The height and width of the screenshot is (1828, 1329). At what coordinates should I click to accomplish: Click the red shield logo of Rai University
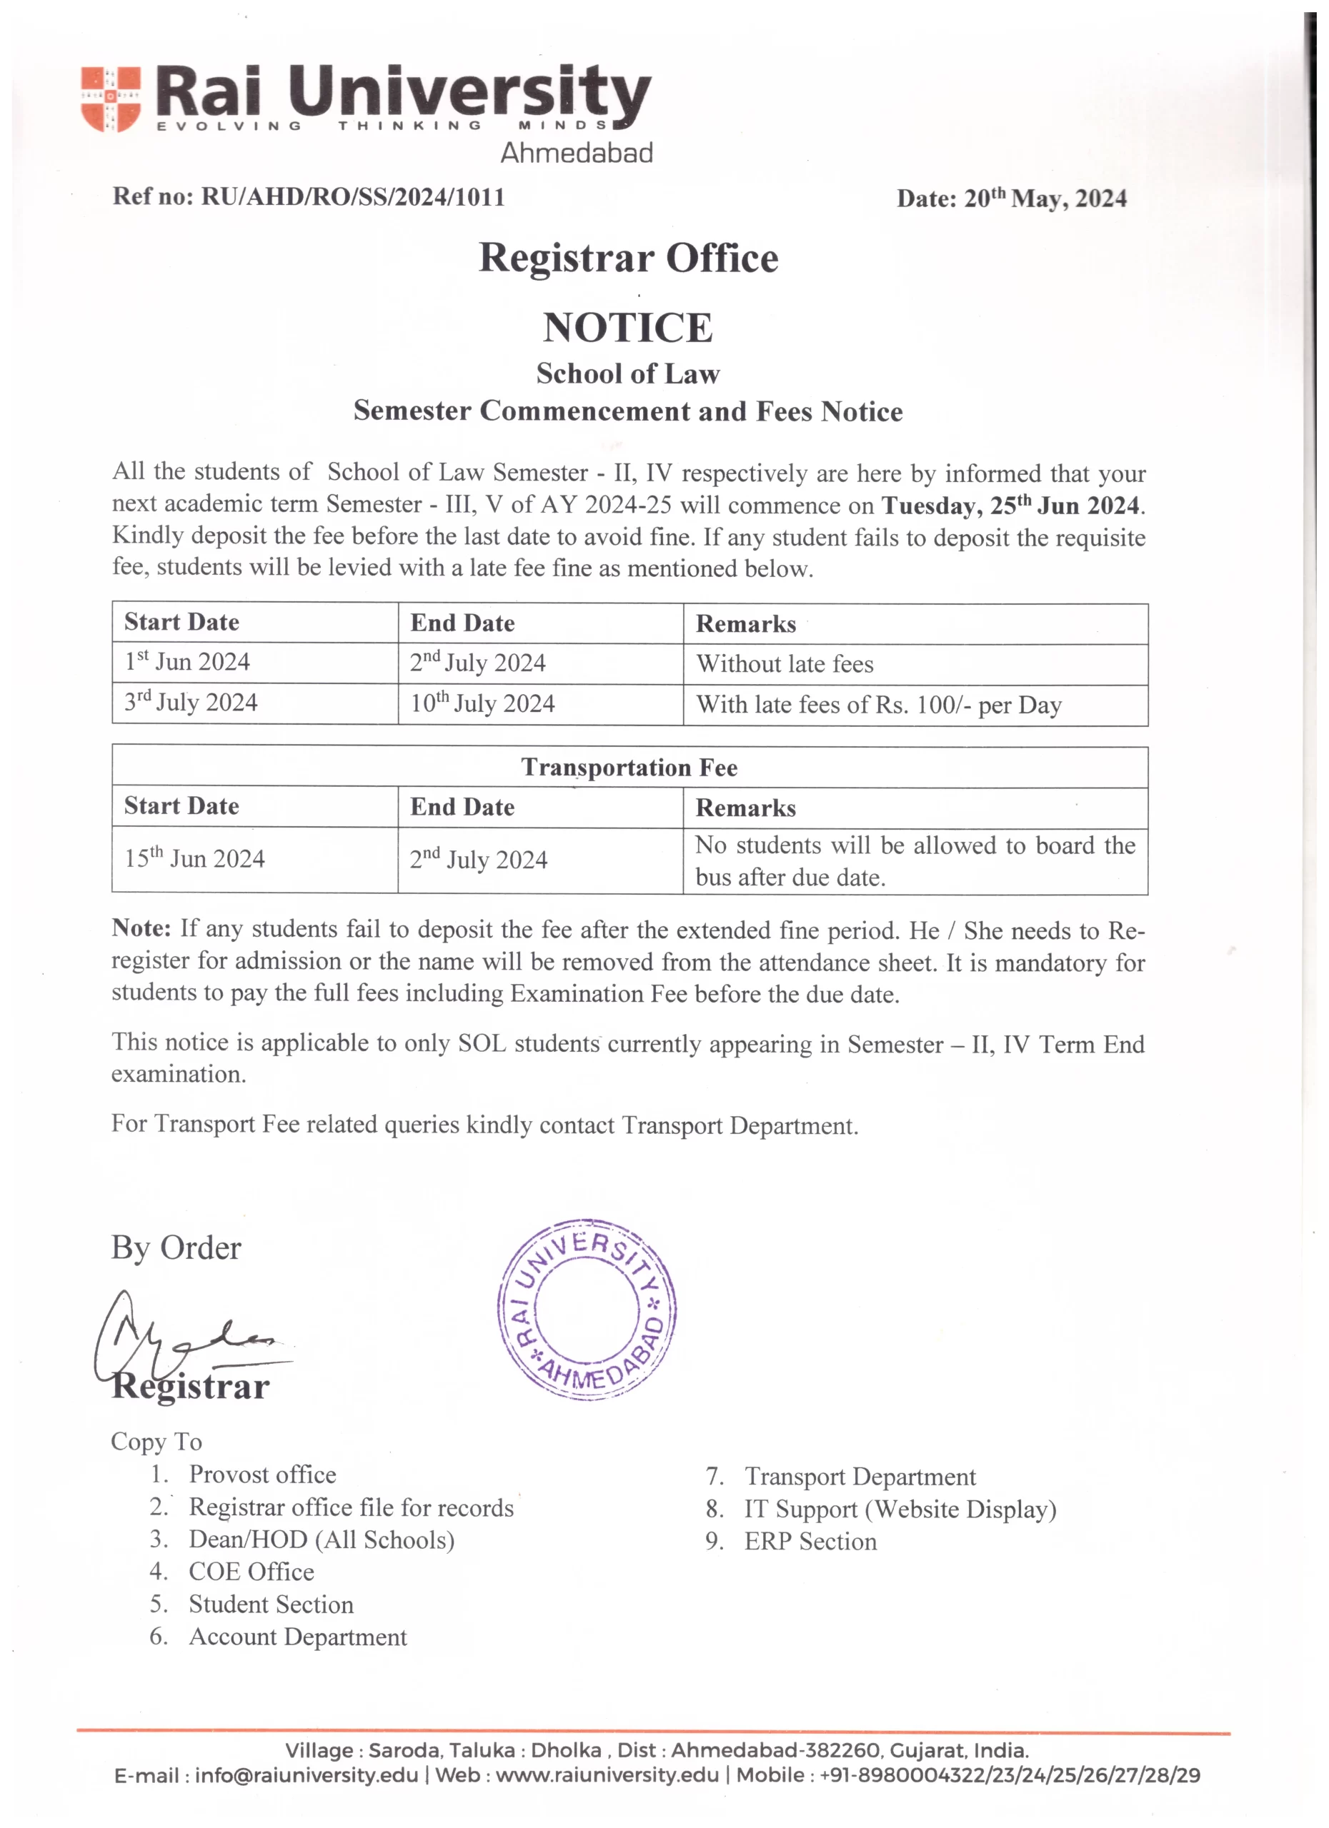[111, 99]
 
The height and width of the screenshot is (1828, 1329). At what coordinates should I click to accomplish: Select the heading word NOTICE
[627, 328]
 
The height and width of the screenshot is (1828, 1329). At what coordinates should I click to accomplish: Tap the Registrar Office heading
[628, 258]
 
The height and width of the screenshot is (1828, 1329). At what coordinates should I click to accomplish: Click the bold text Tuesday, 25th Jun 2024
[1012, 506]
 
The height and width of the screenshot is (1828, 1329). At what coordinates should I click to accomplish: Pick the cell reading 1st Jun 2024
[187, 662]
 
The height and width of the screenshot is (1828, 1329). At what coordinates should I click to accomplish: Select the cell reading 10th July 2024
[482, 703]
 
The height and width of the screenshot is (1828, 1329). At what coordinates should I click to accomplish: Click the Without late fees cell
[785, 664]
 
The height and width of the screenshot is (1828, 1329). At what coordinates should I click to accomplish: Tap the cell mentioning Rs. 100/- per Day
[879, 705]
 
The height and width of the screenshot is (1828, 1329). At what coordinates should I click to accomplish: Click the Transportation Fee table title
[629, 768]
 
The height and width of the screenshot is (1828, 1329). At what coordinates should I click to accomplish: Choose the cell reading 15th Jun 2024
[194, 858]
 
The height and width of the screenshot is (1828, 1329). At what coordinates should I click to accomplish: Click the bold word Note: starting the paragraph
[141, 928]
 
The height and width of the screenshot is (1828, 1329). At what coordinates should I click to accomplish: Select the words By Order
[176, 1247]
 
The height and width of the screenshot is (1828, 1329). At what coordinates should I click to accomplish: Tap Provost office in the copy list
[262, 1474]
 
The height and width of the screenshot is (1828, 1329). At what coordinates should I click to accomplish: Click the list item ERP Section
[810, 1541]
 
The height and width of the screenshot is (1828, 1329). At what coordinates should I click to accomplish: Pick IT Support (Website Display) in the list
[900, 1509]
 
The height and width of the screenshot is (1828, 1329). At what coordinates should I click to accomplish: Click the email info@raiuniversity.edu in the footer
[307, 1775]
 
